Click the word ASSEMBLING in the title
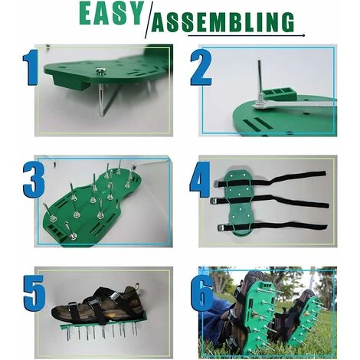[223, 22]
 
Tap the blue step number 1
[31, 67]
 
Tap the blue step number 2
[201, 67]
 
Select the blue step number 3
[34, 179]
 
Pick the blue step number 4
[200, 180]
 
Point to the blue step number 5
[34, 293]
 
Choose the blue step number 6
[202, 293]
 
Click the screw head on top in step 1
[100, 71]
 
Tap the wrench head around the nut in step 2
[260, 106]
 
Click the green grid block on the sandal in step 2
[280, 93]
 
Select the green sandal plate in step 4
[237, 202]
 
